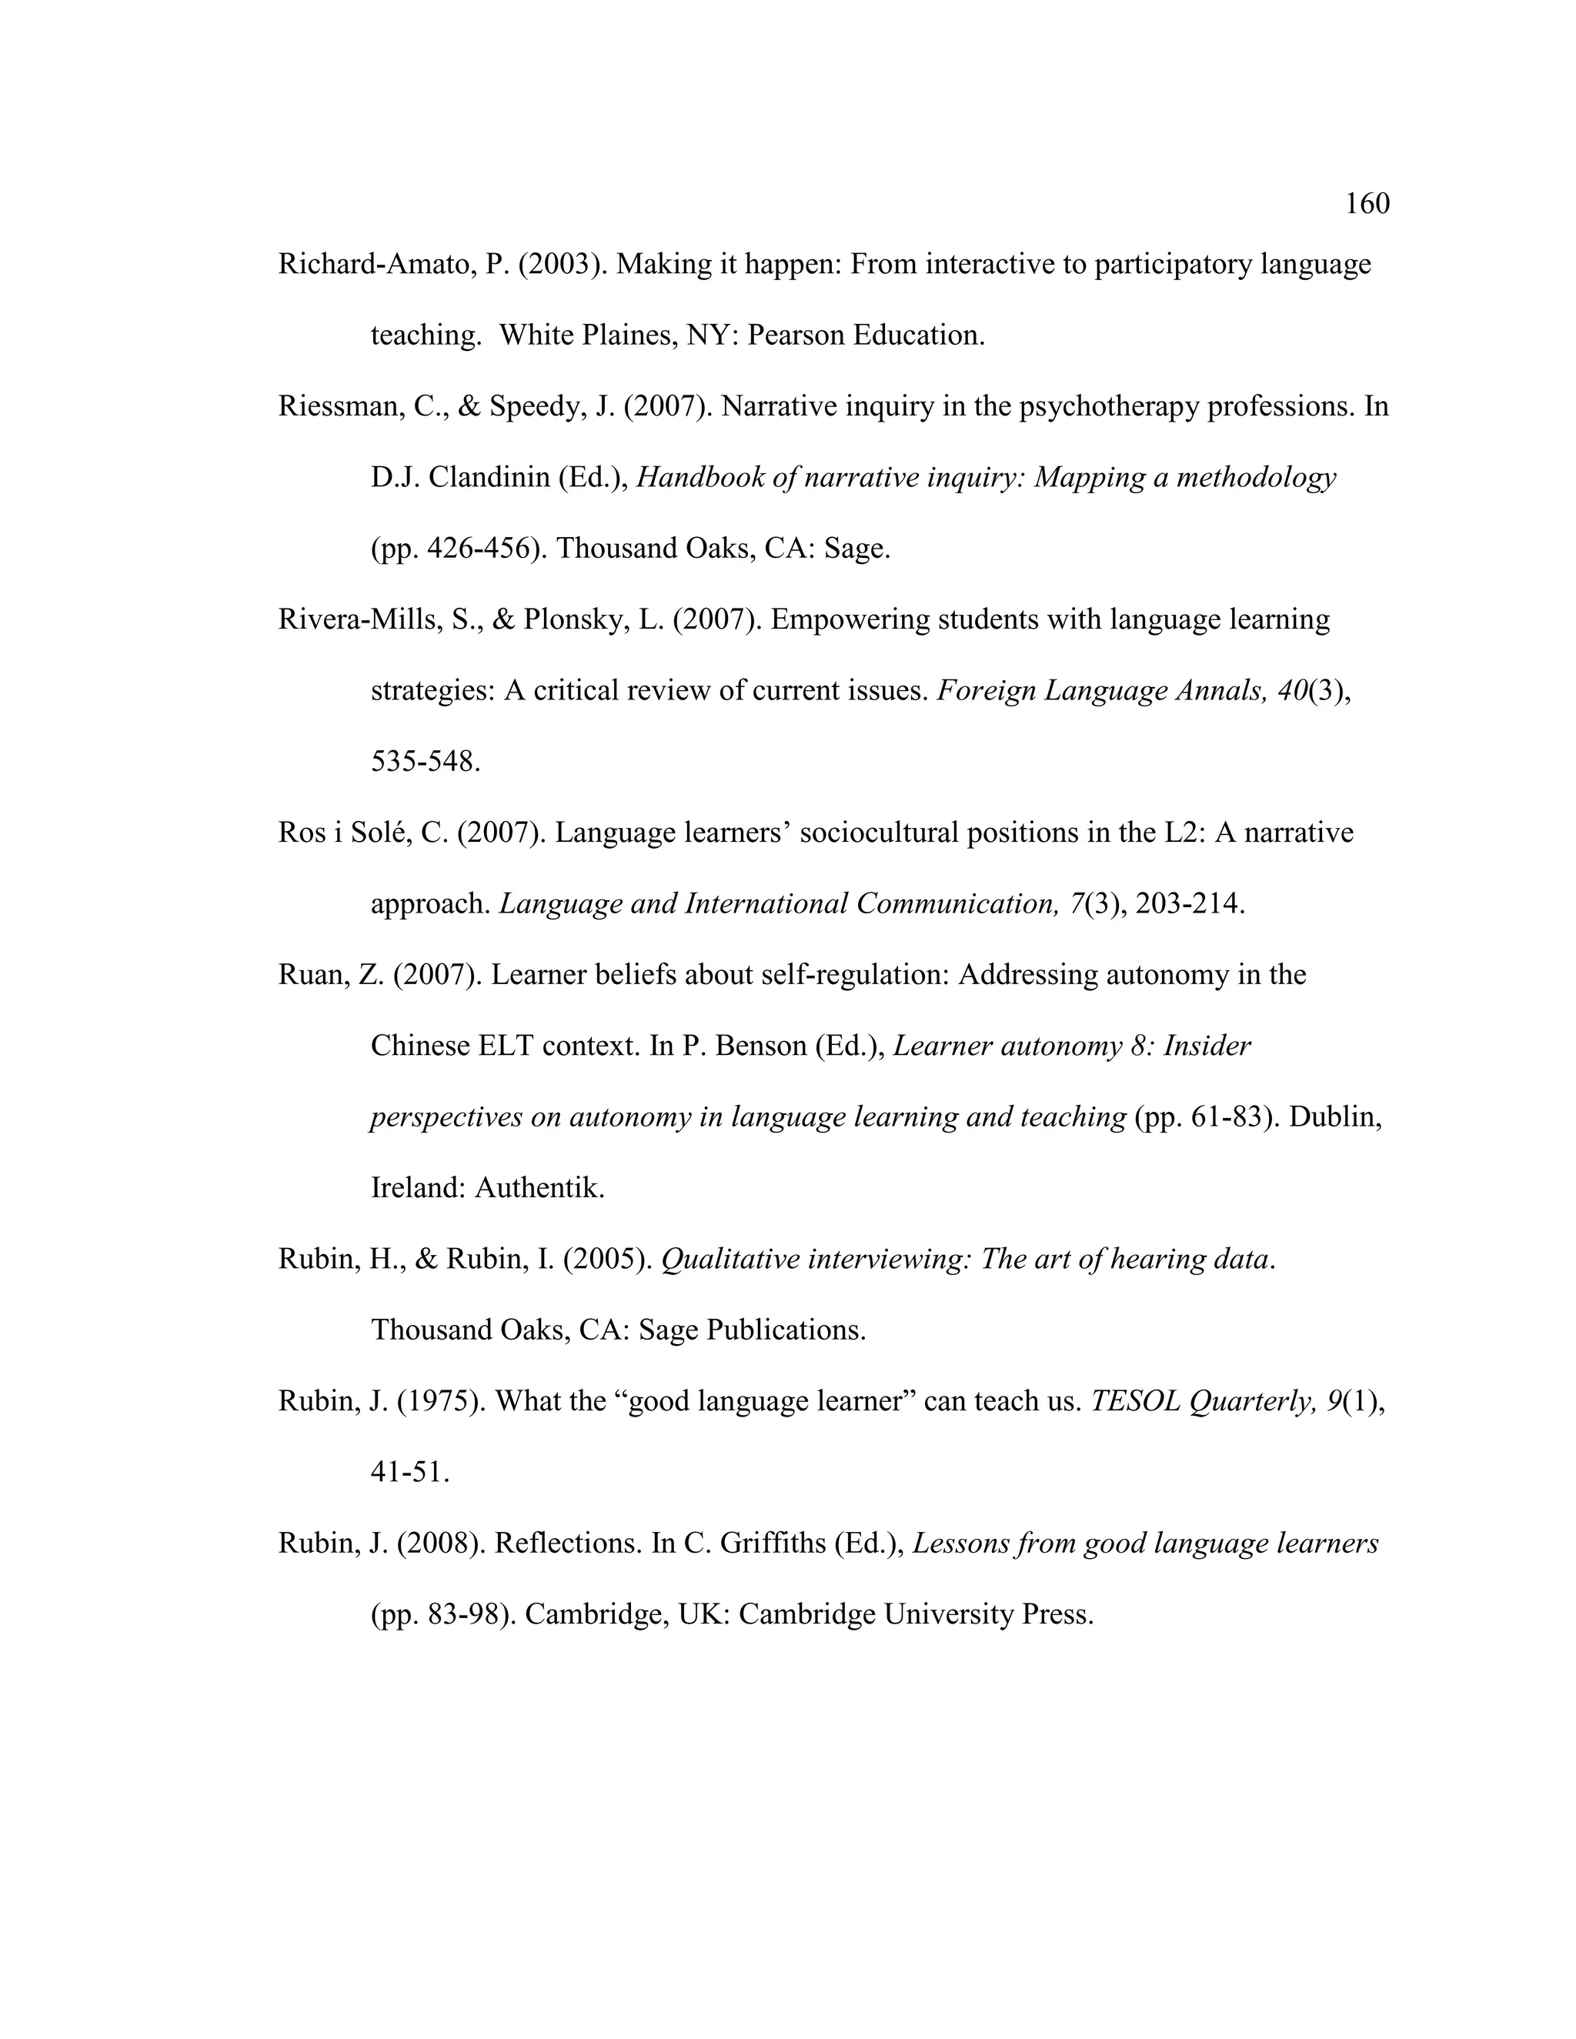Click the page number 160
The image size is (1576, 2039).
1367,204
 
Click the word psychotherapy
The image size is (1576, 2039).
1108,407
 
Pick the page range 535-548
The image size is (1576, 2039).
426,762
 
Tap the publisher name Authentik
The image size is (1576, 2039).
539,1189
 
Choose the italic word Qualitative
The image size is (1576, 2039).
730,1260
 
